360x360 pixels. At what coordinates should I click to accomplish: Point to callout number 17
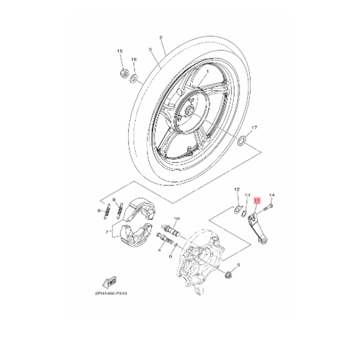(253, 127)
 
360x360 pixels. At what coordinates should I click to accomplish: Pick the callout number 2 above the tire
(161, 37)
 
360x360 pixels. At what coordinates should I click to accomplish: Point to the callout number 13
(247, 195)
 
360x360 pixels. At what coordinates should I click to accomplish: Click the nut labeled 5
(228, 275)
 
